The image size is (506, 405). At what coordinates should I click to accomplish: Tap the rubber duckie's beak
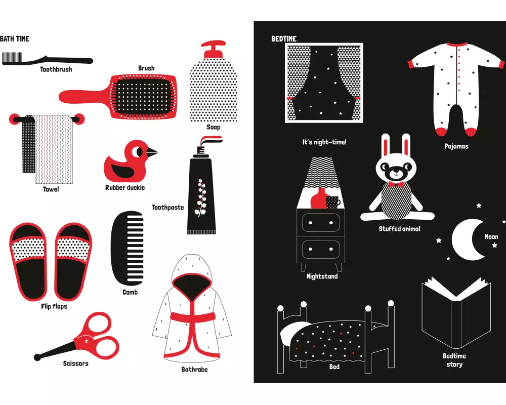pyautogui.click(x=152, y=151)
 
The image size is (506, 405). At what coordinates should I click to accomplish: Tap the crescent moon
pyautogui.click(x=467, y=239)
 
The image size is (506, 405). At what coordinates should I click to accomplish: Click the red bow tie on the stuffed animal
pyautogui.click(x=396, y=185)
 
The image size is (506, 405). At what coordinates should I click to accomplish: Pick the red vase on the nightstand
pyautogui.click(x=319, y=198)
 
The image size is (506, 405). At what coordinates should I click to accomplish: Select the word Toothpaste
pyautogui.click(x=168, y=208)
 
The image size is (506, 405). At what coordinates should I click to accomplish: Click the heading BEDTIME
pyautogui.click(x=284, y=39)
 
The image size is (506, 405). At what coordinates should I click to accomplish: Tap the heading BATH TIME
pyautogui.click(x=15, y=39)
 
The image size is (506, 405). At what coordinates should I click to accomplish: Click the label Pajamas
pyautogui.click(x=456, y=146)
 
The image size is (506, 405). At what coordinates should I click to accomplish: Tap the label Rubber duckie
pyautogui.click(x=125, y=188)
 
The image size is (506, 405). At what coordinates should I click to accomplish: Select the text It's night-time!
pyautogui.click(x=324, y=142)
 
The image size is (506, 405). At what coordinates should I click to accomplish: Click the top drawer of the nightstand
pyautogui.click(x=321, y=223)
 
